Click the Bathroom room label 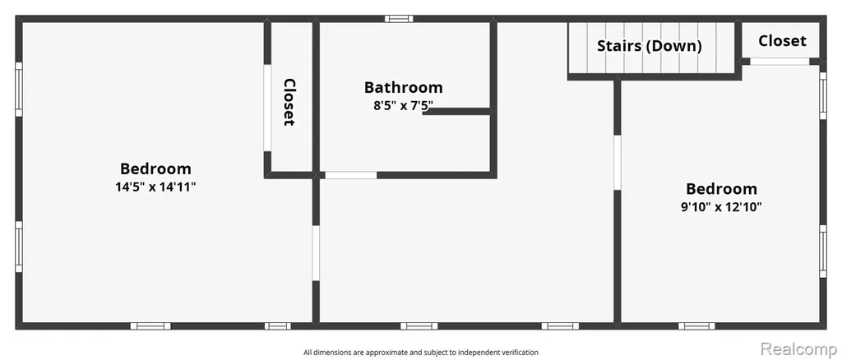pyautogui.click(x=403, y=87)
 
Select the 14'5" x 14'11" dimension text pyautogui.click(x=155, y=187)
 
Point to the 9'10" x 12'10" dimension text pyautogui.click(x=722, y=207)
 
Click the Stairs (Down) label pyautogui.click(x=650, y=46)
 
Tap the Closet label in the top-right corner pyautogui.click(x=783, y=41)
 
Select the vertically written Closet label pyautogui.click(x=289, y=103)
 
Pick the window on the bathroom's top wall pyautogui.click(x=399, y=19)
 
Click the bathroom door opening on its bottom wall pyautogui.click(x=351, y=175)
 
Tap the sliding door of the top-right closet pyautogui.click(x=780, y=62)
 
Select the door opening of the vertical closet pyautogui.click(x=267, y=108)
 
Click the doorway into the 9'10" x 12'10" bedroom pyautogui.click(x=618, y=162)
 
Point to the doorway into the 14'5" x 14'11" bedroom pyautogui.click(x=316, y=252)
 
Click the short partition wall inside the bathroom pyautogui.click(x=456, y=112)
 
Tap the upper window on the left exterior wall pyautogui.click(x=19, y=89)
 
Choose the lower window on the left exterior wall pyautogui.click(x=19, y=247)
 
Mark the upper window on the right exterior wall pyautogui.click(x=822, y=95)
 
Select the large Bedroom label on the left pyautogui.click(x=155, y=168)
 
